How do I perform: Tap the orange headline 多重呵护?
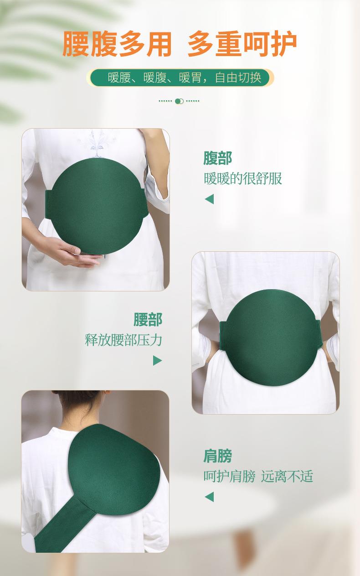click(242, 44)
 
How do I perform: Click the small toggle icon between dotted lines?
click(179, 101)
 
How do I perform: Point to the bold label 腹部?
click(217, 158)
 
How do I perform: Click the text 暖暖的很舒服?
click(242, 178)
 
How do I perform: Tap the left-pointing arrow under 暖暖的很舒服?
click(209, 199)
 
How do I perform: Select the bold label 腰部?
click(148, 320)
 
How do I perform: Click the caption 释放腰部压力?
click(123, 340)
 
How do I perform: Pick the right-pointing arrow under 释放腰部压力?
click(157, 360)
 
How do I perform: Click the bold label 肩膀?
click(217, 456)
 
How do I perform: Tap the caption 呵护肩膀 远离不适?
click(258, 477)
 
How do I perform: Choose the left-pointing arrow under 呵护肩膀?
click(209, 497)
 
